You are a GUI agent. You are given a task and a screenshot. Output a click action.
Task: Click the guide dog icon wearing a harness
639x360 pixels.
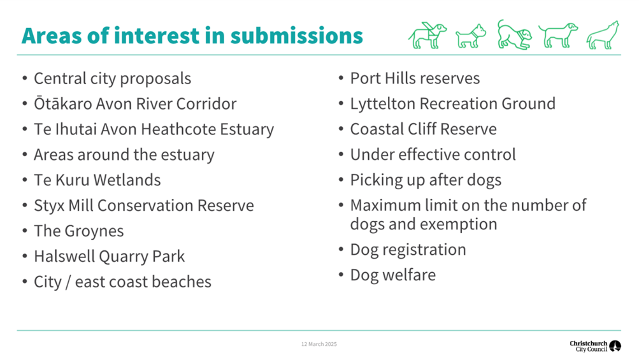point(427,36)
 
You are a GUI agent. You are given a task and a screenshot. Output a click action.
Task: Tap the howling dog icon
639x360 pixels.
point(603,36)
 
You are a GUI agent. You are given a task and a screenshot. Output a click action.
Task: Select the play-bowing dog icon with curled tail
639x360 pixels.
point(515,34)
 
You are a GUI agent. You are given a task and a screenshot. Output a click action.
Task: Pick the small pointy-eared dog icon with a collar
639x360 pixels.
point(471,36)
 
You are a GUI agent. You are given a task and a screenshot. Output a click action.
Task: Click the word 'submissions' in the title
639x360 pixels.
point(296,36)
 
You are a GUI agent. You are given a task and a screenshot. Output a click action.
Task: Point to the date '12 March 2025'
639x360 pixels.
point(319,344)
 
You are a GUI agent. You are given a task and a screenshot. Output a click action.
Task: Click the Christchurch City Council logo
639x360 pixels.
point(595,346)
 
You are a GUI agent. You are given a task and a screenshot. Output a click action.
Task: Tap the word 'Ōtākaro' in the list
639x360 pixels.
point(63,104)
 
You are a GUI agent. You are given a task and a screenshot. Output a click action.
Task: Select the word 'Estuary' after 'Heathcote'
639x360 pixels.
point(247,129)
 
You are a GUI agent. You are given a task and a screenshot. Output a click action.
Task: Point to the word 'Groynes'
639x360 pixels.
point(94,231)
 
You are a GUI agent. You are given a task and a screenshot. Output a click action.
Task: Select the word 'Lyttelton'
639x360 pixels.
point(383,104)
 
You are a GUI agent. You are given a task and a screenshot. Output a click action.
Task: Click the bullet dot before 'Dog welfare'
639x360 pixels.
point(341,275)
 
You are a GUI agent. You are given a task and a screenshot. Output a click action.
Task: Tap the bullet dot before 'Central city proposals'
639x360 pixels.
point(25,78)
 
